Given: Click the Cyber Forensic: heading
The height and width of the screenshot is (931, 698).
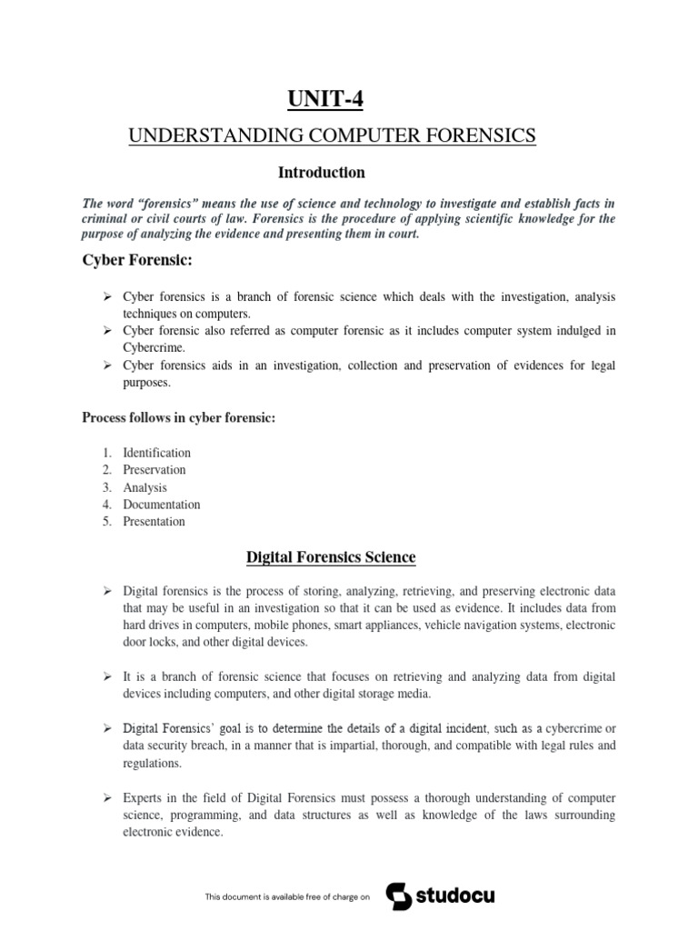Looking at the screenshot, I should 126,263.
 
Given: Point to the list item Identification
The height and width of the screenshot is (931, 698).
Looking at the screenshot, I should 157,453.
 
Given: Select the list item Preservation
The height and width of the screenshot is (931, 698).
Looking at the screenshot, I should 155,470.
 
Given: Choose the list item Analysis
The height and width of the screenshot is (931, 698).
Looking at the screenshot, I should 145,487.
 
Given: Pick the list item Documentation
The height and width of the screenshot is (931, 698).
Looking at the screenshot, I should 162,505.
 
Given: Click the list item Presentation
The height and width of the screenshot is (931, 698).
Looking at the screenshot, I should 155,522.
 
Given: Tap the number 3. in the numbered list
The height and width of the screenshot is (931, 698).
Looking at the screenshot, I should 106,487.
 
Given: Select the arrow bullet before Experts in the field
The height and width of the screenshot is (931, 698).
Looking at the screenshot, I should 106,797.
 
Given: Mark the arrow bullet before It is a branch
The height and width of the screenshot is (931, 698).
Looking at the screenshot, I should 106,677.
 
